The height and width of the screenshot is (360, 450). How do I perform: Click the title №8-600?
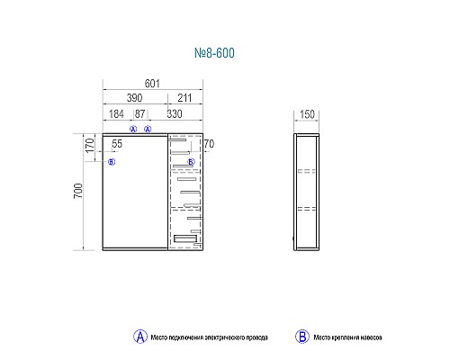[214, 53]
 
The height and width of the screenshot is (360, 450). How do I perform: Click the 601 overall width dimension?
[152, 84]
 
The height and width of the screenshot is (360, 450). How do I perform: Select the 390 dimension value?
[134, 98]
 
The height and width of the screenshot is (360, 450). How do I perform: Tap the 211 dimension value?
[184, 98]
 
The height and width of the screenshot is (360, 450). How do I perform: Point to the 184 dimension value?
[116, 114]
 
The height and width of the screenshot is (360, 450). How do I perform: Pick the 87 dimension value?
[140, 114]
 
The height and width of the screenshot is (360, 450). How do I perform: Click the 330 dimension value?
[175, 114]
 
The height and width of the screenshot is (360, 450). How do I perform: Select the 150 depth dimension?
[307, 114]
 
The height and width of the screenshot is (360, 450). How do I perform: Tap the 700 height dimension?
[78, 191]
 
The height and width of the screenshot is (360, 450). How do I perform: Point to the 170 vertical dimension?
[90, 146]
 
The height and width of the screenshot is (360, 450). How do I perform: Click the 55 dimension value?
[117, 144]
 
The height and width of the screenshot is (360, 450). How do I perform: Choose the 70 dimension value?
[209, 144]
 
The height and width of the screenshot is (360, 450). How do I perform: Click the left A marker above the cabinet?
[133, 130]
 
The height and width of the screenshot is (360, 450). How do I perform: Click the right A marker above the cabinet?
[148, 130]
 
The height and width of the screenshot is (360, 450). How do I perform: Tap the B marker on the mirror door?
[112, 162]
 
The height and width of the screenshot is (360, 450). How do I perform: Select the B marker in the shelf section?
[191, 162]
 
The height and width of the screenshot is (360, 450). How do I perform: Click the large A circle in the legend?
[140, 337]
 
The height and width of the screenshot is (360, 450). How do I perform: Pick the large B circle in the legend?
[302, 337]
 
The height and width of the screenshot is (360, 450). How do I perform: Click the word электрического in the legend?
[224, 337]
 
